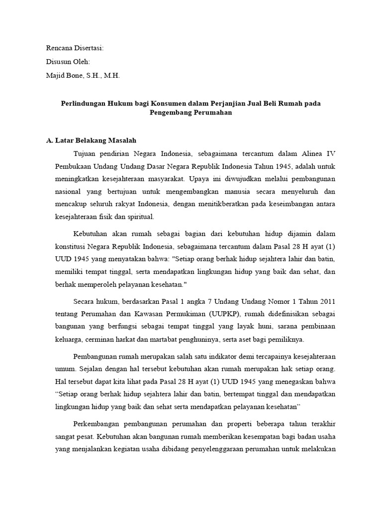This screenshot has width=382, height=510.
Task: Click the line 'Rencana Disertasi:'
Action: pyautogui.click(x=75, y=48)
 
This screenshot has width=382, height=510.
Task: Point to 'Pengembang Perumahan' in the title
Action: pyautogui.click(x=191, y=113)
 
